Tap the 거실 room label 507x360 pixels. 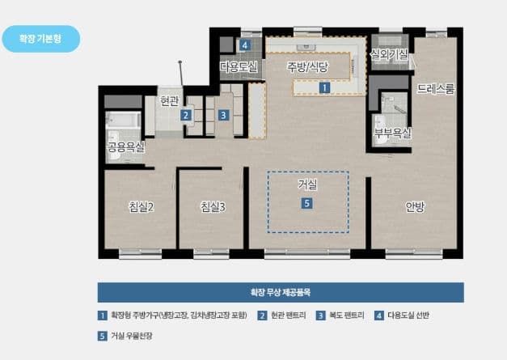click(307, 185)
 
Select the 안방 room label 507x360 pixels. click(415, 206)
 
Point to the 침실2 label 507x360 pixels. click(141, 206)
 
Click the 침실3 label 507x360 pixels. click(213, 206)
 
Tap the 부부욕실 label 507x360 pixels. click(392, 132)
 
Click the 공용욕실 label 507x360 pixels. click(126, 147)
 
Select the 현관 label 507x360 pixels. click(170, 101)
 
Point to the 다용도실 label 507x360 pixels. click(239, 67)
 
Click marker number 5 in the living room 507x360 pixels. click(306, 204)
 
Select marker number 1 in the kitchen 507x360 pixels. click(324, 87)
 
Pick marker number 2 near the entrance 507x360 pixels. click(186, 115)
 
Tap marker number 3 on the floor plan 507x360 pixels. click(222, 115)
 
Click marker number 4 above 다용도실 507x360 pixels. click(244, 45)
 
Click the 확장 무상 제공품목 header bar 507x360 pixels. click(281, 292)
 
